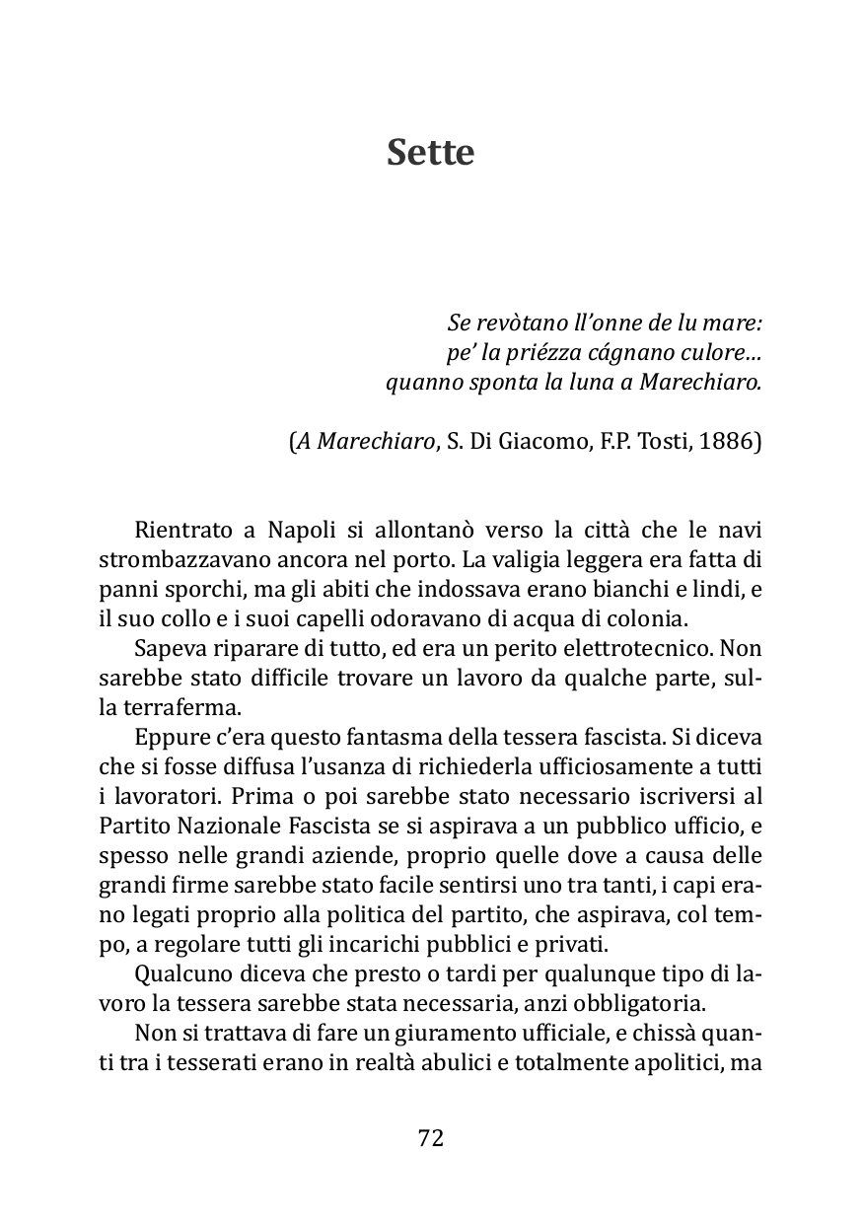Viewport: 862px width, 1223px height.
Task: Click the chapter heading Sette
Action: coord(431,153)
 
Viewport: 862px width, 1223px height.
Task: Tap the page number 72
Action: coord(431,1137)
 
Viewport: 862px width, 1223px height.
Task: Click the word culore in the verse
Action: coord(718,352)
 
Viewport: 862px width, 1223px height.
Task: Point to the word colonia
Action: coord(641,618)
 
